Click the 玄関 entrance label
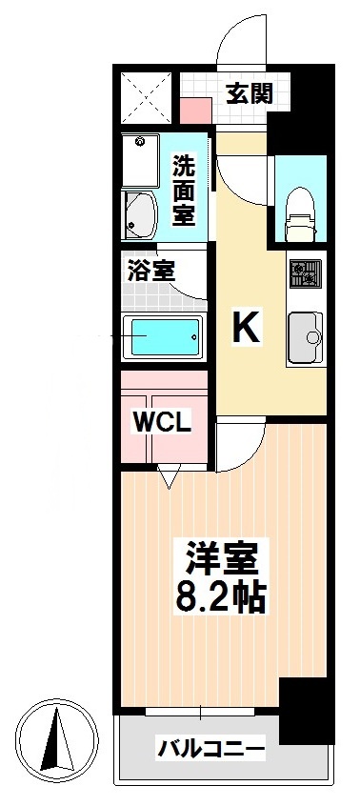coord(250,93)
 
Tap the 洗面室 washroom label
coord(183,190)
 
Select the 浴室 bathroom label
coord(150,270)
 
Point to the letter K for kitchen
coord(246,329)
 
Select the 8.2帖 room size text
coord(219,597)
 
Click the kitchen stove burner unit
coord(305,273)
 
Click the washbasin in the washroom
coord(143,213)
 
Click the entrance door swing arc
coord(238,43)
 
